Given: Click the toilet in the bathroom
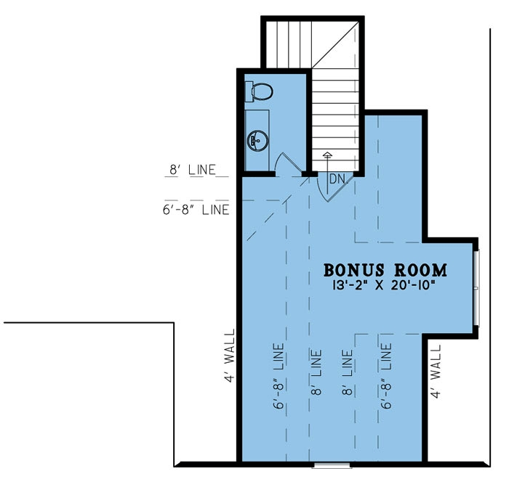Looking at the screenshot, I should pos(260,91).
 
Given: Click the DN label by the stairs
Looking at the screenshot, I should pos(336,179).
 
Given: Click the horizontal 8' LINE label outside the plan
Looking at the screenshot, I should pos(193,171).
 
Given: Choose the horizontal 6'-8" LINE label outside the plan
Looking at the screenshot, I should pos(198,210).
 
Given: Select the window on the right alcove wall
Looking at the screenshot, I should pos(477,288).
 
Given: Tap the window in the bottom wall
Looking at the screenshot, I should pos(330,463).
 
